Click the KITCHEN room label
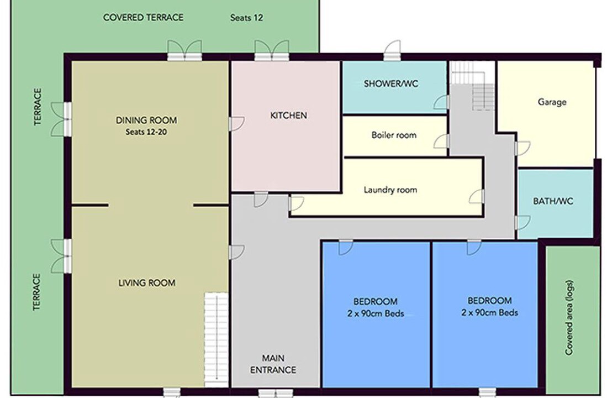[288, 116]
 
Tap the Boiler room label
[394, 135]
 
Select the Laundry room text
[390, 190]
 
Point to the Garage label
[552, 102]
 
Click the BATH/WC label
[553, 201]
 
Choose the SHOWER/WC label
[391, 83]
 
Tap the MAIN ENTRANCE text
[273, 364]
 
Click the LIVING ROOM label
[147, 283]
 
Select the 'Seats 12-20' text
[146, 132]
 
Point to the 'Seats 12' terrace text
[246, 18]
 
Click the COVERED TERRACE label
[143, 18]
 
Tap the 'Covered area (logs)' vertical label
[569, 317]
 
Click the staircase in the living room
[216, 339]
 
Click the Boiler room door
[442, 142]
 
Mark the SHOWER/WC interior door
[442, 102]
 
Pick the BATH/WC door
[522, 223]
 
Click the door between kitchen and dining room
[236, 124]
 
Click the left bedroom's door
[346, 247]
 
